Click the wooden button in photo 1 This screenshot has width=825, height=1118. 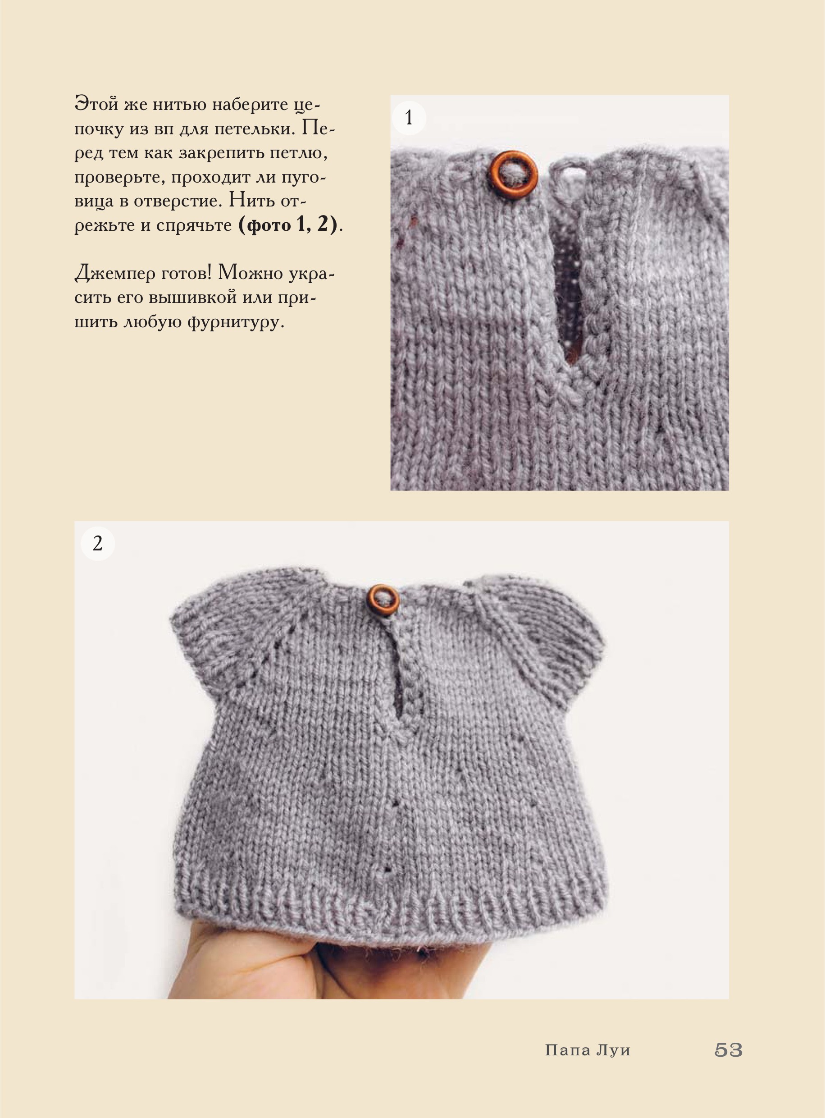[514, 175]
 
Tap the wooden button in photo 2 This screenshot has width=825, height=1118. [383, 600]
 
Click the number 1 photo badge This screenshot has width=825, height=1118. [409, 118]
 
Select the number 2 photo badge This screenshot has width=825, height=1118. [98, 543]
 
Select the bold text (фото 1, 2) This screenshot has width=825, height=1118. [288, 225]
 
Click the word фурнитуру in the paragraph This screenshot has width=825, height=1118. [235, 322]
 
